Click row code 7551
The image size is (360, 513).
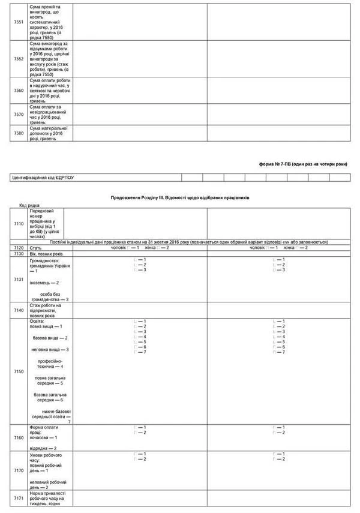click(19, 22)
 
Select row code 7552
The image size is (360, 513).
click(19, 59)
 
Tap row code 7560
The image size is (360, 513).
click(19, 91)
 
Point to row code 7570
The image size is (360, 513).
click(19, 113)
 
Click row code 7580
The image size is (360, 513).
click(19, 133)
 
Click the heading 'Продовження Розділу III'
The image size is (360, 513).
click(180, 197)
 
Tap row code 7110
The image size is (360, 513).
click(19, 223)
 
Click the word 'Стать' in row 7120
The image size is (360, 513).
click(35, 248)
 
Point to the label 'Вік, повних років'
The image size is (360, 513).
click(46, 254)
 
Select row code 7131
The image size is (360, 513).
click(19, 279)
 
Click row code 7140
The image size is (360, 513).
click(19, 310)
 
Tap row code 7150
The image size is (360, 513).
click(19, 372)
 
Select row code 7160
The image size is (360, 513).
click(19, 438)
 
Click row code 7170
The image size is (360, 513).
click(19, 471)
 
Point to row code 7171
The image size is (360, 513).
click(19, 499)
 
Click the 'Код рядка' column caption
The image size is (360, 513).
click(29, 205)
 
